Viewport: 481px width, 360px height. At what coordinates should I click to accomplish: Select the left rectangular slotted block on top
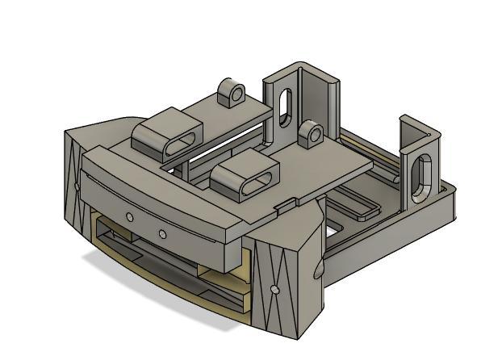168,137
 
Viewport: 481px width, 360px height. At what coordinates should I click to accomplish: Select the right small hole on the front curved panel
162,234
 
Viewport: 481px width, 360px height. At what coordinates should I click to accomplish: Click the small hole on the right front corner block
275,288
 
